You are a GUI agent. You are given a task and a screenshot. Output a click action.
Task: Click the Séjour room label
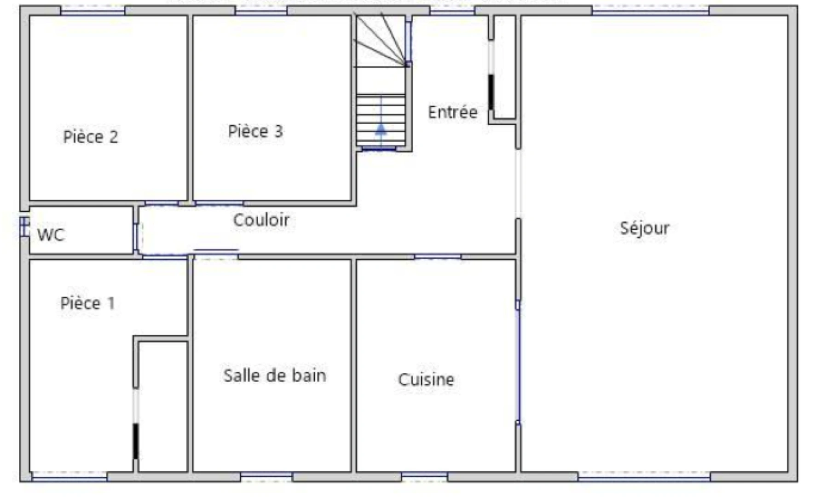[644, 228]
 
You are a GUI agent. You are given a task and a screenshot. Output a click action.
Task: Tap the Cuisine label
[426, 380]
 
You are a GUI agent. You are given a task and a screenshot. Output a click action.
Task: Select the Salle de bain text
[275, 376]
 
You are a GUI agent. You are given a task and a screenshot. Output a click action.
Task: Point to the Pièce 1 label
[87, 303]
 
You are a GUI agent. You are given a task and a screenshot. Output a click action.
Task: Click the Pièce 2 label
[91, 137]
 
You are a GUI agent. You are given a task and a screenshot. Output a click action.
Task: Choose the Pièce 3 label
[255, 132]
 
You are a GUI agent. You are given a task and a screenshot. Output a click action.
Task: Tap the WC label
[51, 235]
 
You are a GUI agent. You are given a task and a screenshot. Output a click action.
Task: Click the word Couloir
[261, 220]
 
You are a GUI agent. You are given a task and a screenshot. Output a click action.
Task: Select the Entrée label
[453, 112]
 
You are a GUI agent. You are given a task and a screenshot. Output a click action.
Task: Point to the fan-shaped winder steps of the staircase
[381, 40]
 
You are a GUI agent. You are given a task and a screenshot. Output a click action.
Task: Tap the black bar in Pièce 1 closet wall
[136, 441]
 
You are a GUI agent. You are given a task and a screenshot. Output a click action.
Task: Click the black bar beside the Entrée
[491, 92]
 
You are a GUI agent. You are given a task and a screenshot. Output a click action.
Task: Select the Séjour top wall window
[650, 10]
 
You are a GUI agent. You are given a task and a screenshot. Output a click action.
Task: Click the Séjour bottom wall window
[644, 477]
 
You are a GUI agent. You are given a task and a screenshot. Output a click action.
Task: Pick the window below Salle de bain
[266, 477]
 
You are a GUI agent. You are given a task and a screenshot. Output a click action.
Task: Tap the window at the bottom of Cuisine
[424, 477]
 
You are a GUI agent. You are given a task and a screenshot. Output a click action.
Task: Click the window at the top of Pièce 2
[93, 10]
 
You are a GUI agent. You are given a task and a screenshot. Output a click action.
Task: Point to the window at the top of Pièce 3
[261, 10]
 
